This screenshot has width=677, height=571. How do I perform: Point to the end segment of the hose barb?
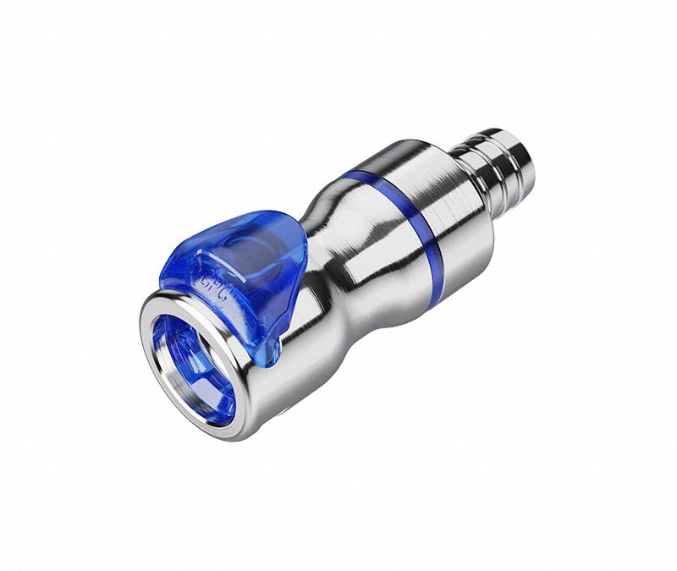coord(515,147)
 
